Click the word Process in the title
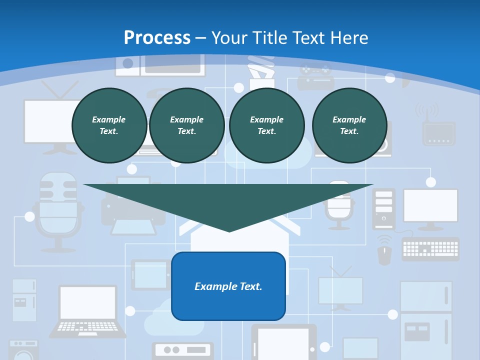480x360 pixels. click(157, 37)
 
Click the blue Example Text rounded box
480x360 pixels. click(228, 286)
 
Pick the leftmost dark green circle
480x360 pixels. click(109, 125)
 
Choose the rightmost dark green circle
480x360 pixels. click(349, 125)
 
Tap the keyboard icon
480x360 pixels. click(430, 248)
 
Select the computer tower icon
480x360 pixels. click(383, 208)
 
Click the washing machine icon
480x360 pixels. click(23, 350)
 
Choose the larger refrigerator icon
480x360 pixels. click(426, 320)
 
